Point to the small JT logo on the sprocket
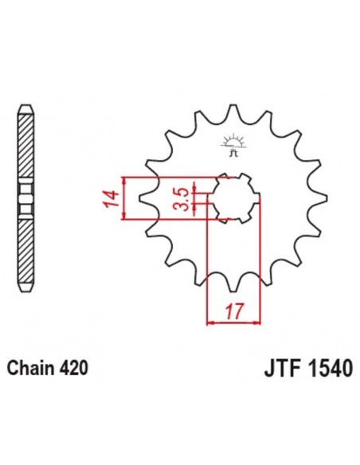click(x=233, y=147)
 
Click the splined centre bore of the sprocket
click(x=233, y=198)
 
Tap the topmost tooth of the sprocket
click(x=233, y=111)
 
